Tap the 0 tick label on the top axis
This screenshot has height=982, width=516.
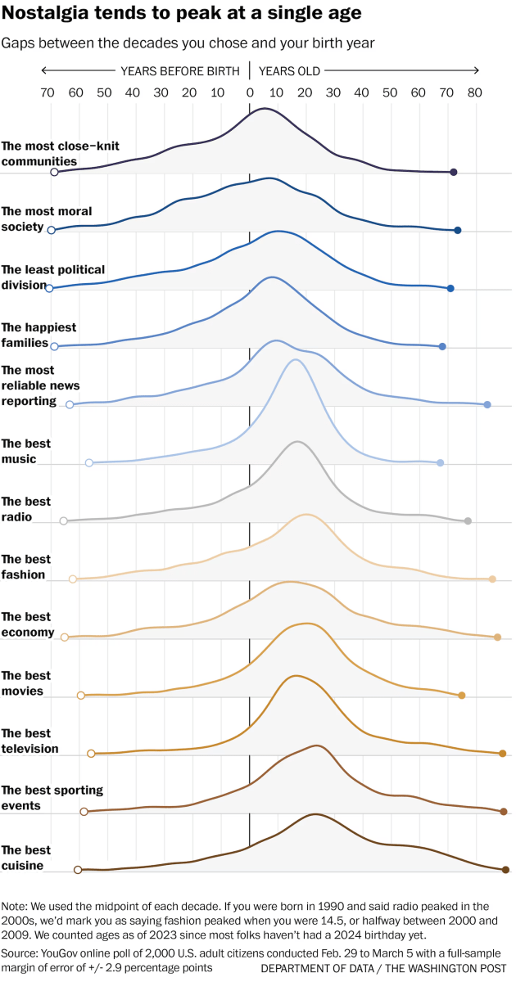coord(249,93)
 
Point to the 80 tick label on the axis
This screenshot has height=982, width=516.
coord(474,93)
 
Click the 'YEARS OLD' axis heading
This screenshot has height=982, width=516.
coord(290,71)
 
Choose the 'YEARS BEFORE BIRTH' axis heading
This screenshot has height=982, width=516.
coord(180,71)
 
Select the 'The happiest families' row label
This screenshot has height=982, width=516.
coord(38,335)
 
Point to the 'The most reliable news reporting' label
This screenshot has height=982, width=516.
coord(40,385)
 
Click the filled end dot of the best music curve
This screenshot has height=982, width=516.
coord(441,463)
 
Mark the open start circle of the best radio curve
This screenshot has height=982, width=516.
coord(63,520)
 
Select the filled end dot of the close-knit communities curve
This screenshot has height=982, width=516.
coord(454,172)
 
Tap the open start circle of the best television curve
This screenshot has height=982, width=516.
coord(91,753)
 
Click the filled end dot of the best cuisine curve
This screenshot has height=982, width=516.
coord(505,869)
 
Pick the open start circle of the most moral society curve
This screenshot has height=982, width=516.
coord(52,231)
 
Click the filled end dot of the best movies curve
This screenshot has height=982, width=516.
coord(462,696)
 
